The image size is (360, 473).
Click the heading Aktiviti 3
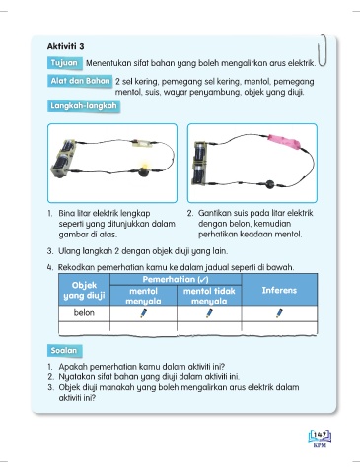(x=65, y=46)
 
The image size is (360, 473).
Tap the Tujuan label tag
(x=64, y=63)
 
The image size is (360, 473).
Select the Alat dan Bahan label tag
(x=80, y=81)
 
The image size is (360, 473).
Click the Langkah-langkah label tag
(x=84, y=106)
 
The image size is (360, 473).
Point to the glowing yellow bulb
(x=143, y=169)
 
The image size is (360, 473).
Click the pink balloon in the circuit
(x=284, y=141)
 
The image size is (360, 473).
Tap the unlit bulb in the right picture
(x=270, y=184)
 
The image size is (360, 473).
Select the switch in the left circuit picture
(x=141, y=143)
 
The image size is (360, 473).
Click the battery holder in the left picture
(x=64, y=159)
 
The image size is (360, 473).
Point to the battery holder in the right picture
(x=200, y=164)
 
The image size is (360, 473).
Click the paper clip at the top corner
(x=323, y=50)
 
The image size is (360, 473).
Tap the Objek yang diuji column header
(x=84, y=290)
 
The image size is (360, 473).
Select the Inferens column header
(x=279, y=290)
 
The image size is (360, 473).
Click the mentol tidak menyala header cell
(x=209, y=296)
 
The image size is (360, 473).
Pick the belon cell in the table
(x=84, y=313)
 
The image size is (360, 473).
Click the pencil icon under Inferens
(x=279, y=313)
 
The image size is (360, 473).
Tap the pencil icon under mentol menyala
(x=143, y=313)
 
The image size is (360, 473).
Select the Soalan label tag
(x=64, y=351)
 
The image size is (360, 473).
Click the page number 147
(x=320, y=435)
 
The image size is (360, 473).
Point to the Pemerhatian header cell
(x=176, y=280)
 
